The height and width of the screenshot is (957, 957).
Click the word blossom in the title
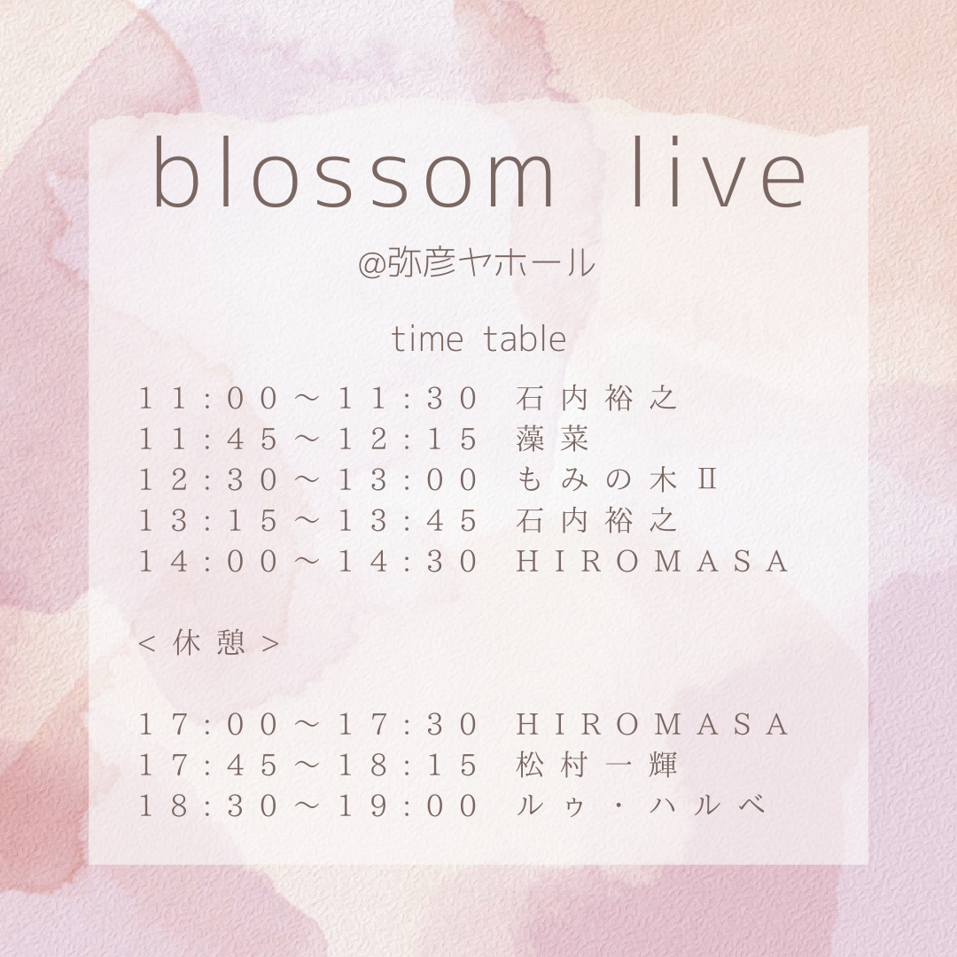coord(353,174)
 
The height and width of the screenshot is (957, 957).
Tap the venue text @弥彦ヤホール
coord(476,263)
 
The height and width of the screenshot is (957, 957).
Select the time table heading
coord(478,339)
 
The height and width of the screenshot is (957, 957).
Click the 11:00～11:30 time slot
coord(308,399)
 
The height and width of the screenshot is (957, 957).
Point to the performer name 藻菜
coord(552,439)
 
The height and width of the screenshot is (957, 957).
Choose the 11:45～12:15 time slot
coord(308,439)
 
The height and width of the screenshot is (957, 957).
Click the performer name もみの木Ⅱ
coord(617,479)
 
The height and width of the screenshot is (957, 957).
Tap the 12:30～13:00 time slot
coord(308,479)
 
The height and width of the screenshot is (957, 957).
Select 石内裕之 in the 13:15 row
coord(597,521)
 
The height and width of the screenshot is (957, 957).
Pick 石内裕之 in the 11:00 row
coord(597,399)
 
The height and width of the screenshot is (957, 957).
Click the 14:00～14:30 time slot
coord(308,561)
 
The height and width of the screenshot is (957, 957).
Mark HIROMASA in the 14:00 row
coord(652,561)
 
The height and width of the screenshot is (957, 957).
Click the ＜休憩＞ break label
coord(209,642)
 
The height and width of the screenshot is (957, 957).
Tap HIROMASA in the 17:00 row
coord(652,725)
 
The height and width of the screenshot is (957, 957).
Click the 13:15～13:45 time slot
coord(308,521)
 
